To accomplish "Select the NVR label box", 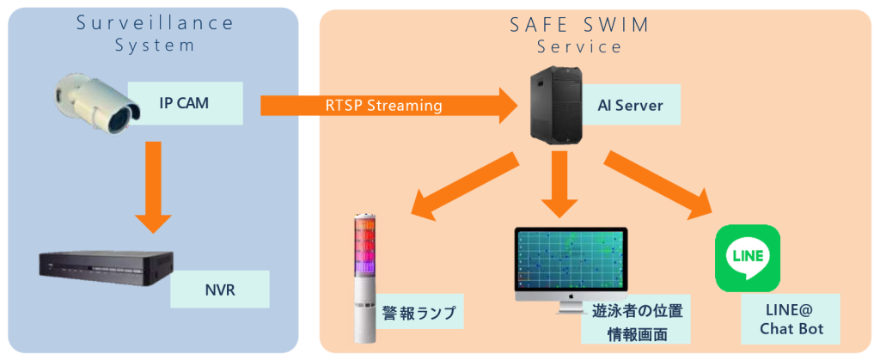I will [219, 290].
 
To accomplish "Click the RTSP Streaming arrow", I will [387, 106].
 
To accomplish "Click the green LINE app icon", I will [748, 258].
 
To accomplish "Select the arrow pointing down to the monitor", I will [560, 184].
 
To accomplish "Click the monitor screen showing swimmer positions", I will [571, 259].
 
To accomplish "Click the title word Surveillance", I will [155, 23].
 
